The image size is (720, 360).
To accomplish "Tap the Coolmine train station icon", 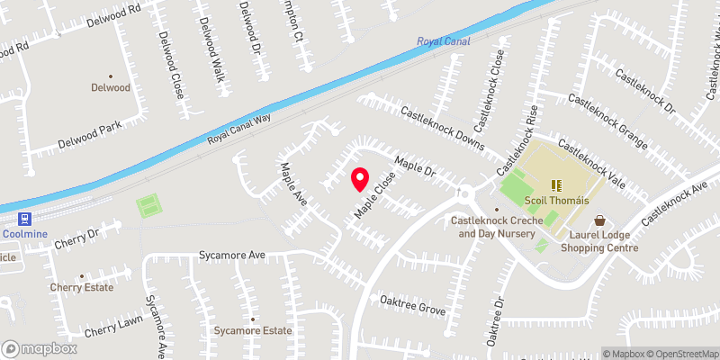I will click(x=22, y=219).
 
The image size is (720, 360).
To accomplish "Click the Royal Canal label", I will click(x=444, y=41).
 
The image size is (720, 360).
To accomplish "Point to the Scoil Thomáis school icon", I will click(x=555, y=184).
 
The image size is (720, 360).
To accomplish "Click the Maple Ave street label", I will click(x=293, y=184).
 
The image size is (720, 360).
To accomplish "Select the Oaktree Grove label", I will click(x=413, y=310).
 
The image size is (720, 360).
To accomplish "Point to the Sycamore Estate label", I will click(x=253, y=330).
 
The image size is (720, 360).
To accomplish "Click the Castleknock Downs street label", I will click(x=443, y=129).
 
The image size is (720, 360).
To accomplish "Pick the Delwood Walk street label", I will click(x=211, y=49).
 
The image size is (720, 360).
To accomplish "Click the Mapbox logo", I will click(x=40, y=348).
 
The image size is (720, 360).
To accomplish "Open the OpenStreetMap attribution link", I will click(x=684, y=353).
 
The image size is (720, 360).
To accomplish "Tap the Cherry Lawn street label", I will click(x=113, y=327).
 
